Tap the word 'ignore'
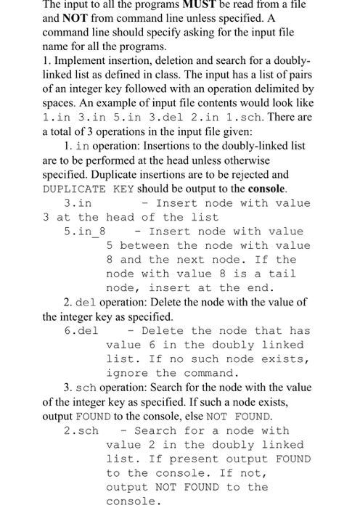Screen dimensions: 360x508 point(127,373)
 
